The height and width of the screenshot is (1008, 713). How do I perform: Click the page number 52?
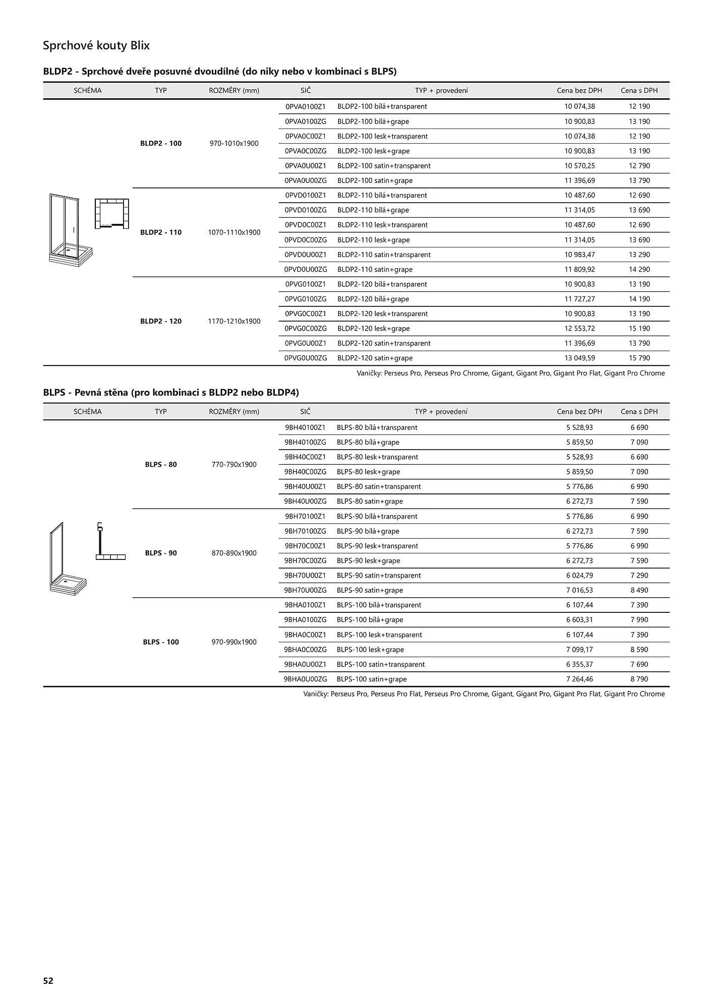48,980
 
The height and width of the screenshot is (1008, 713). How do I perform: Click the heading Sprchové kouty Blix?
96,45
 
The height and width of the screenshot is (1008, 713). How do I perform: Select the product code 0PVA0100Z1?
306,106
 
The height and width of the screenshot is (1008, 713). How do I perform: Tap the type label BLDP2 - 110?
161,232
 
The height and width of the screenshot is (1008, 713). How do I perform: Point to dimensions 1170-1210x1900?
234,321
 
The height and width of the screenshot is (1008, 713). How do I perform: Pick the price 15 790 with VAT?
639,358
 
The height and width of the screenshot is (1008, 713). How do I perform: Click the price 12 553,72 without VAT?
579,328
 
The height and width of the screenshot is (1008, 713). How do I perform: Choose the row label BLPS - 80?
161,464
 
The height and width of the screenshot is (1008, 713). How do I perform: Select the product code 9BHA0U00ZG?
306,679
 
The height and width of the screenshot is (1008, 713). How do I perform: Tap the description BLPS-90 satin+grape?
370,590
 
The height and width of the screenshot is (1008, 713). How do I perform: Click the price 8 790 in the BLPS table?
639,679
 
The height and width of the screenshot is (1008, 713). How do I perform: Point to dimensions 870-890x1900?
234,553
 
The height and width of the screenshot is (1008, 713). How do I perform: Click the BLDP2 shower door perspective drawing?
64,229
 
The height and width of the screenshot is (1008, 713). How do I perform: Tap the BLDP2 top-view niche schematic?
111,213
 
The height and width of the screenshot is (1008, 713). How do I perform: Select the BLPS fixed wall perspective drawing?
67,557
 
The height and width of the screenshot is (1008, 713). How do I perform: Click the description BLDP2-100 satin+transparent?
384,165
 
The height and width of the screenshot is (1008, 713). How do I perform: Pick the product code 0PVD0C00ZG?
306,239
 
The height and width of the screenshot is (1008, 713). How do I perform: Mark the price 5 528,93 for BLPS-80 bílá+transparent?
579,427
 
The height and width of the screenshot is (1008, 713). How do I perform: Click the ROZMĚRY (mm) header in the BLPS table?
234,411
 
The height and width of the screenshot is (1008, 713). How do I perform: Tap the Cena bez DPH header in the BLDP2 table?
579,90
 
